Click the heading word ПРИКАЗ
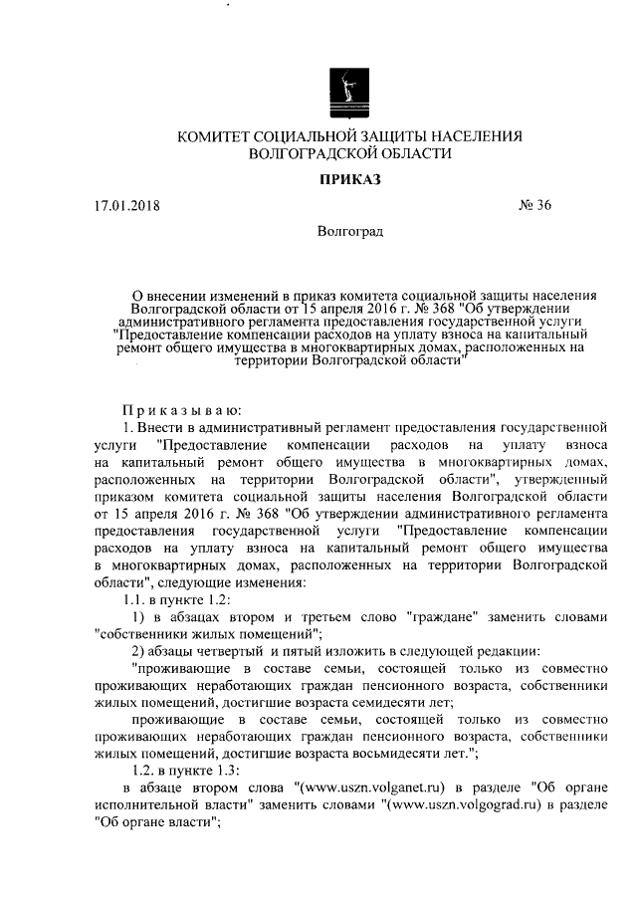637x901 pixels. (x=349, y=180)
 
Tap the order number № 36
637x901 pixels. (x=534, y=207)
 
